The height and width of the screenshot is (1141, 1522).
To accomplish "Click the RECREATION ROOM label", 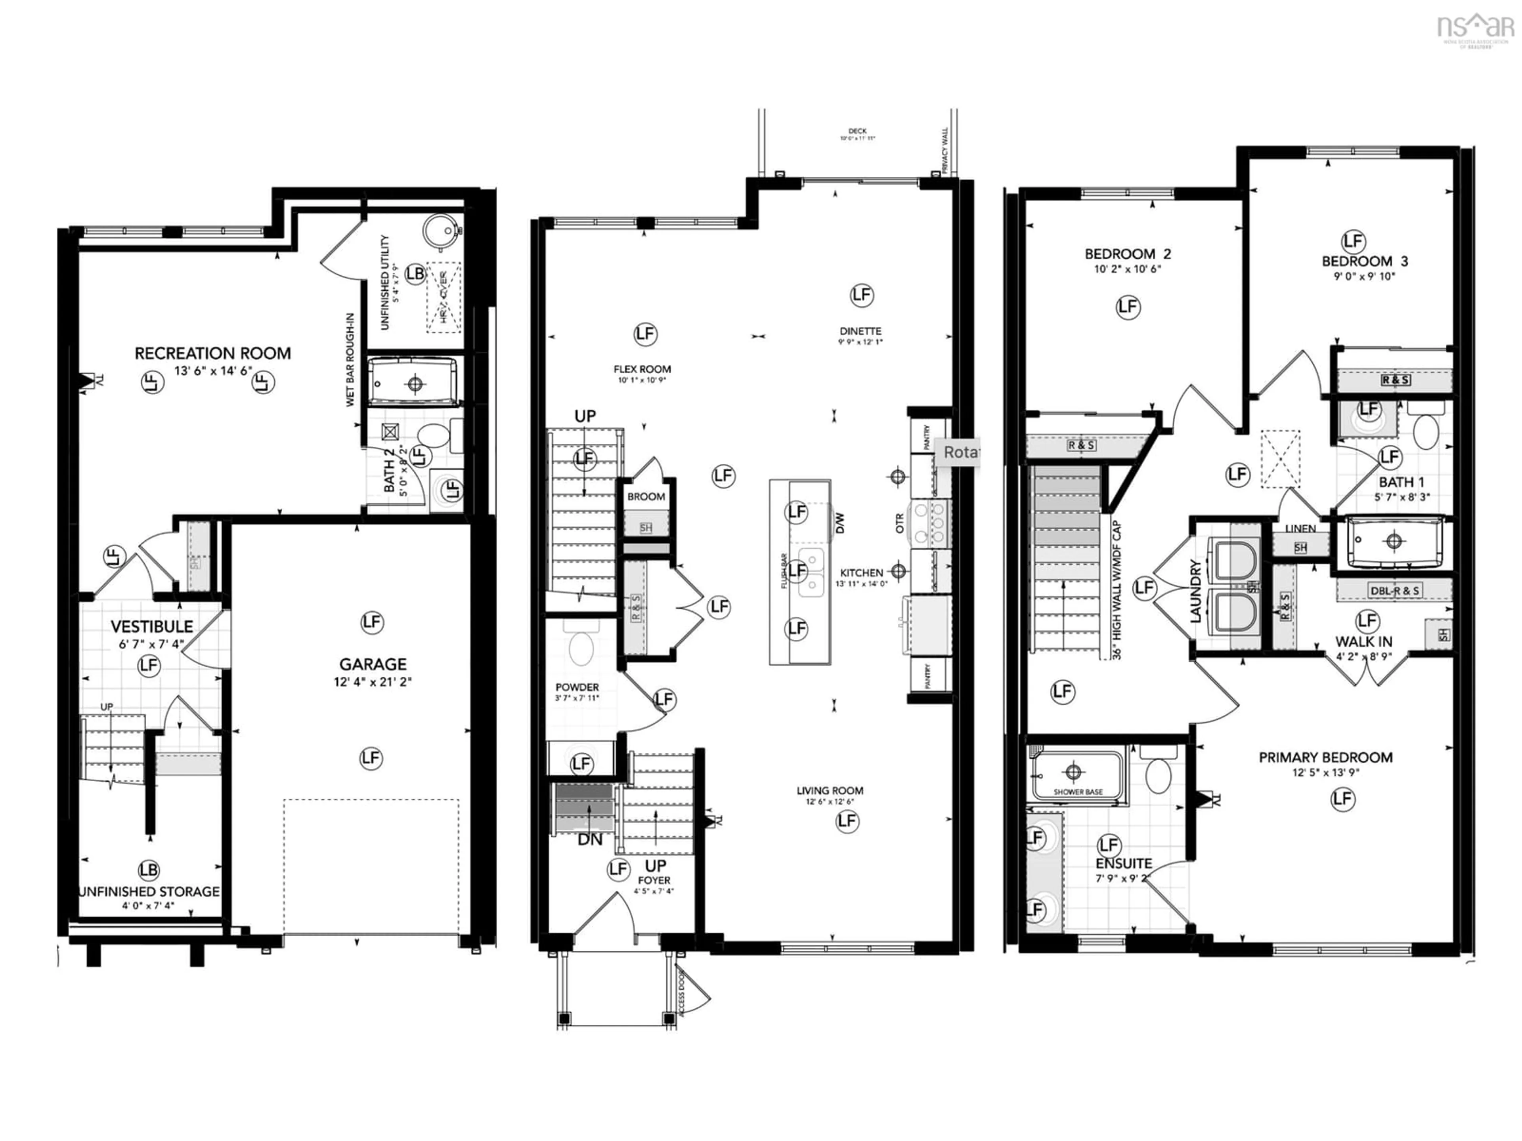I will pos(212,353).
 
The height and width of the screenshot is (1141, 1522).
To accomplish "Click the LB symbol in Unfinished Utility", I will pos(415,274).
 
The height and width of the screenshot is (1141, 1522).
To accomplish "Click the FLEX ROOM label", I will pos(642,369).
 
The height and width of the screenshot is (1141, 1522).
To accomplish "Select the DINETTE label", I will pos(860,331).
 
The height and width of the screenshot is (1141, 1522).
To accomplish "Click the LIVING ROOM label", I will pos(830,791).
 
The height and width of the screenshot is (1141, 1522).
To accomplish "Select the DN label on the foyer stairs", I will pos(590,840).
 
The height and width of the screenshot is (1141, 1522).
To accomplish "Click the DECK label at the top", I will pos(857,131).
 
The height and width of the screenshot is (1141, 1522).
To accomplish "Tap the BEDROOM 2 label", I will pos(1128,254).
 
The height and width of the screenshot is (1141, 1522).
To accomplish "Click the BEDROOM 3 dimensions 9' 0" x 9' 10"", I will pos(1364,277).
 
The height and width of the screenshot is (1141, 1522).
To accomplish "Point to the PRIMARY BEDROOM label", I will pos(1326,757).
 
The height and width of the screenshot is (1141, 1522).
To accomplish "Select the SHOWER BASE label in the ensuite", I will pos(1078,792).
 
